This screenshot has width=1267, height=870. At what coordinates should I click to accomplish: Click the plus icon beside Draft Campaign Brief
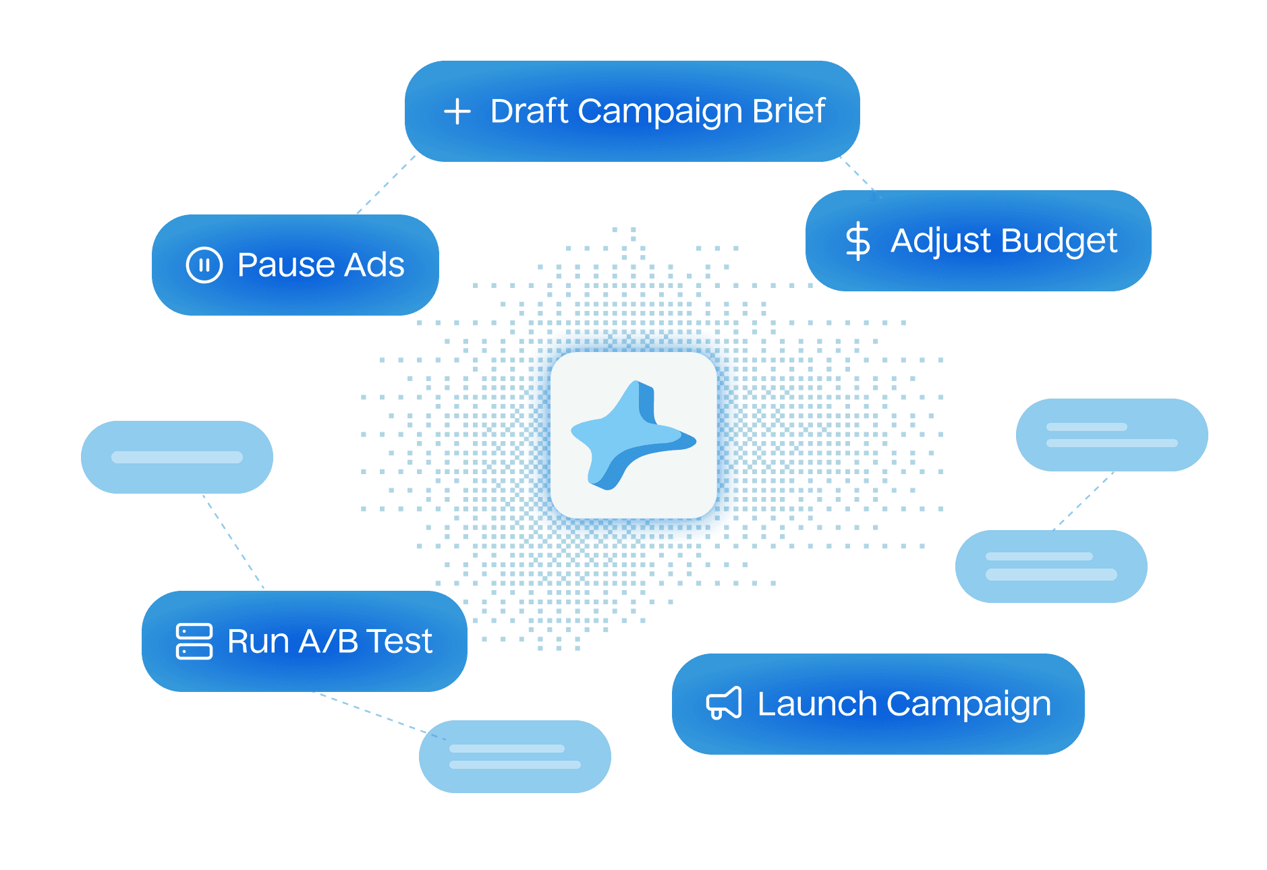457,111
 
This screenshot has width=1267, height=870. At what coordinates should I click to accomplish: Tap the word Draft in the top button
529,111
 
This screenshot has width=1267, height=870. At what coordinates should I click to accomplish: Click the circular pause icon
204,264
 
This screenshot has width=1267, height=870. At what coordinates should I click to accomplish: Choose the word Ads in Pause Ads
374,264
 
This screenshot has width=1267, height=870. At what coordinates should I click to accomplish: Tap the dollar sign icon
857,241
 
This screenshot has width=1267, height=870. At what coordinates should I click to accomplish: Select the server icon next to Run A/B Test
194,641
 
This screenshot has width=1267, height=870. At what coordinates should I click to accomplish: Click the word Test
399,641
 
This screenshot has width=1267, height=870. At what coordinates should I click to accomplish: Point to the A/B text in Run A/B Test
328,641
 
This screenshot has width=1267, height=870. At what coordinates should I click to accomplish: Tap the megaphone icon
723,703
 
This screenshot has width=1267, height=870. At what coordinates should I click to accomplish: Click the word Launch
816,703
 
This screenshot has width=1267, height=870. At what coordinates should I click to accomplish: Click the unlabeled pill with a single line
177,457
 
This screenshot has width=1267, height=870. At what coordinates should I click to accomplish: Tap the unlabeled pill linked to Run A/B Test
515,756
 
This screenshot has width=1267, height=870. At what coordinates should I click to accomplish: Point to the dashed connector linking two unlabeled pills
1083,500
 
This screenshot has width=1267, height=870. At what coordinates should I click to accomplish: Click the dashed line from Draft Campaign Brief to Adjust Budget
859,176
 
